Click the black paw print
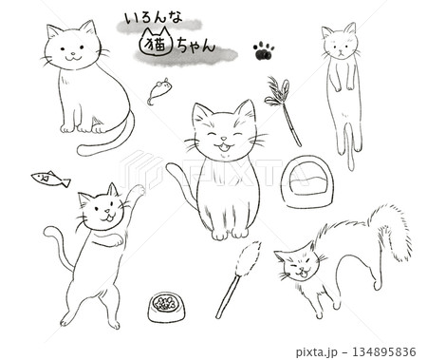pyautogui.click(x=263, y=51)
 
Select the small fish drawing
pyautogui.click(x=50, y=179)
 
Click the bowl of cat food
pyautogui.click(x=166, y=307)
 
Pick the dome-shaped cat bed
pyautogui.click(x=306, y=181)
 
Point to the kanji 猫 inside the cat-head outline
pyautogui.click(x=157, y=45)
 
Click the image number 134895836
pyautogui.click(x=380, y=351)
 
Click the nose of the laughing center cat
pyautogui.click(x=224, y=139)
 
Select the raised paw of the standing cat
pyautogui.click(x=138, y=190)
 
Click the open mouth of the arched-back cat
pyautogui.click(x=302, y=273)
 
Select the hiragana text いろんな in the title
pyautogui.click(x=153, y=19)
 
